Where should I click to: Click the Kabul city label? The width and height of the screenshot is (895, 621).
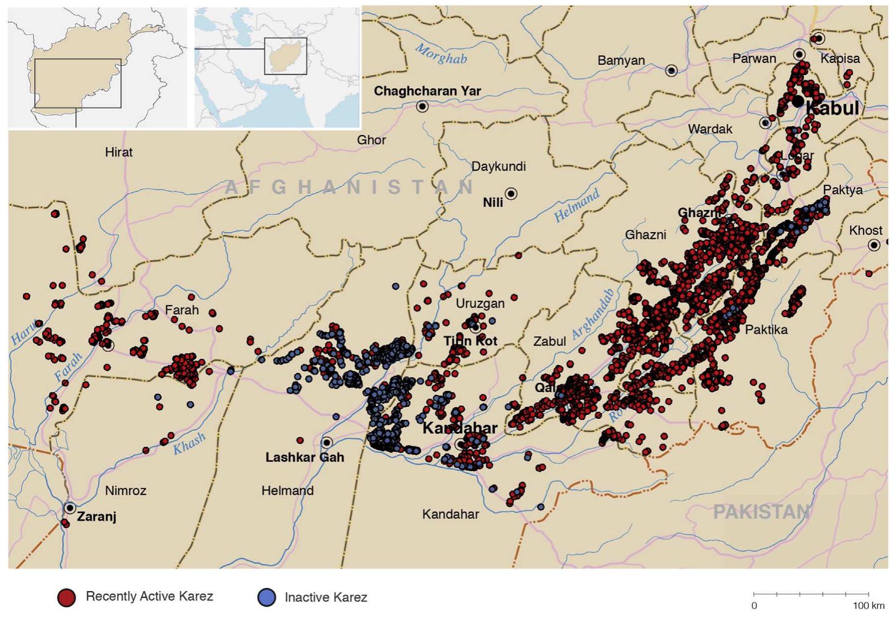point(832,108)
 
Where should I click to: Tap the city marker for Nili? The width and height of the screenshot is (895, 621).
point(511,194)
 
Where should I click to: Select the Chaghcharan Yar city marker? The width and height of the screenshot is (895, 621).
point(422,106)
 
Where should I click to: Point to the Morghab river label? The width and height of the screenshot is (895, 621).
point(441,54)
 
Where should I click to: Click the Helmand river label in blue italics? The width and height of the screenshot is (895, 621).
point(577,206)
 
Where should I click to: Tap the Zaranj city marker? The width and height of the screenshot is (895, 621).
point(70,508)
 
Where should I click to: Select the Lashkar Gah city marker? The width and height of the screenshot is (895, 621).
point(326,443)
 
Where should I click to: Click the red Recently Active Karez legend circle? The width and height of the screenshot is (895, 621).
point(66,598)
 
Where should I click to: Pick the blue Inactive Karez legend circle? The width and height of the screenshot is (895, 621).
point(267,598)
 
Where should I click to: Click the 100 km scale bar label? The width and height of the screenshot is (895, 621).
point(868,606)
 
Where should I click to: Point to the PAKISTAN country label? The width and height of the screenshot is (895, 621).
point(761,512)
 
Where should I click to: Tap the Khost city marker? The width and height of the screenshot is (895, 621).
point(874,245)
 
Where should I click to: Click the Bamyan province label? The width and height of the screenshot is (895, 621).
point(621,60)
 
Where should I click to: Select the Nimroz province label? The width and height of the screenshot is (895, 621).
point(125,491)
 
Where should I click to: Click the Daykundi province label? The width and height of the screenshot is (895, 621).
point(498,166)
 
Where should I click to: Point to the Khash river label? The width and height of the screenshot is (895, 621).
point(189,444)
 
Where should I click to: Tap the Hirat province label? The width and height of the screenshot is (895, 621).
point(119,152)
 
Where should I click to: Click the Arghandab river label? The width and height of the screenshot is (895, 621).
point(593,314)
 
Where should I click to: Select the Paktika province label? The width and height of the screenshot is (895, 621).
point(766,329)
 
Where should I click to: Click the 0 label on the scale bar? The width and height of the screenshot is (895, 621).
point(754,606)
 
